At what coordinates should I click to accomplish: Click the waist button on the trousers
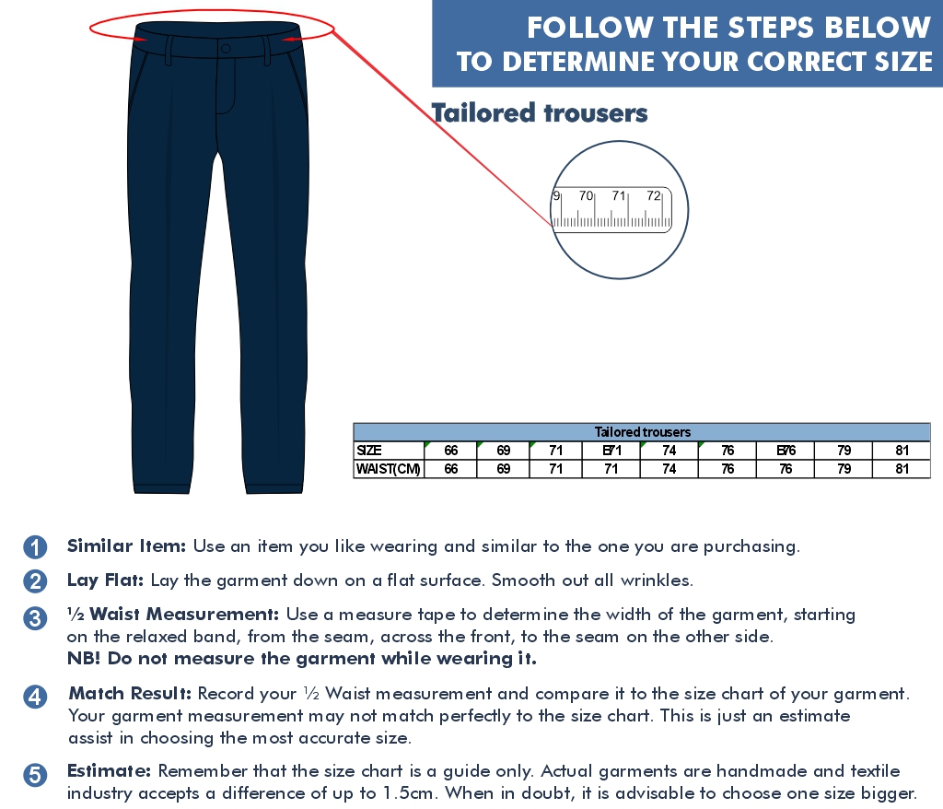coord(226,48)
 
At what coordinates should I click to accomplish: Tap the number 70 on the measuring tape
coord(586,195)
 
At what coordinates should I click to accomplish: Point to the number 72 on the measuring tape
coord(654,195)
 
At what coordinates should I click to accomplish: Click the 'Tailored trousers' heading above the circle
coord(540,113)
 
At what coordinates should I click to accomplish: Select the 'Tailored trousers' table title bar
coord(642,431)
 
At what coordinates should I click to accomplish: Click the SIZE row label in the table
coord(368,451)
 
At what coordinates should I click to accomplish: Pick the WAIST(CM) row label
coord(388,469)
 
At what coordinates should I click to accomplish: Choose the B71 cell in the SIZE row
coord(611,451)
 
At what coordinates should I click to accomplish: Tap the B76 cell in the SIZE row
coord(786,451)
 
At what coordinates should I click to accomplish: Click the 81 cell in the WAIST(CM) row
coord(902,469)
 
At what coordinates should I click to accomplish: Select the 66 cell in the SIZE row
coord(450,451)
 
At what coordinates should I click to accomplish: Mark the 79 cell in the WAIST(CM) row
coord(844,469)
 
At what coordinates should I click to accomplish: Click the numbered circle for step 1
coord(35,547)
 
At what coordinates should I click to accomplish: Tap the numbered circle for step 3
coord(35,618)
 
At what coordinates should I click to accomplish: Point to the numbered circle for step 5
coord(35,775)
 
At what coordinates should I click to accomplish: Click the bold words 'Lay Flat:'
coord(105,580)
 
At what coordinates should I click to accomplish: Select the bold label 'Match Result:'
coord(130,694)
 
